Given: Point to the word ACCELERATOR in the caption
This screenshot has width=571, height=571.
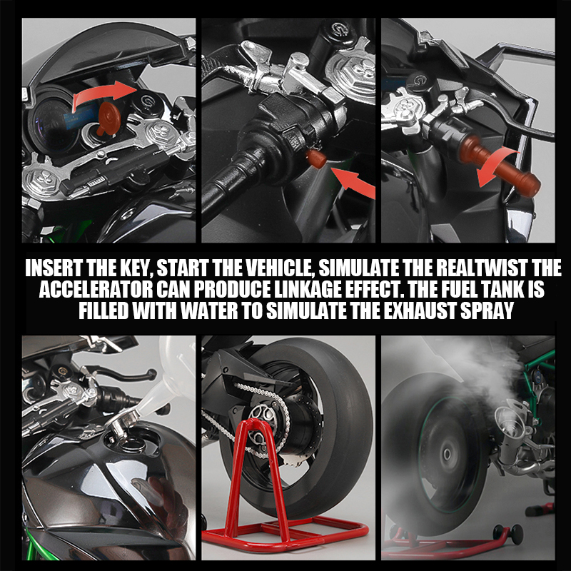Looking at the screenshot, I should click(x=101, y=290).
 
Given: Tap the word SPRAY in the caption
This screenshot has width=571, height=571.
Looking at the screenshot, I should click(x=485, y=312).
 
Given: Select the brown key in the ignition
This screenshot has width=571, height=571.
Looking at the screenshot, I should click(x=109, y=113).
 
